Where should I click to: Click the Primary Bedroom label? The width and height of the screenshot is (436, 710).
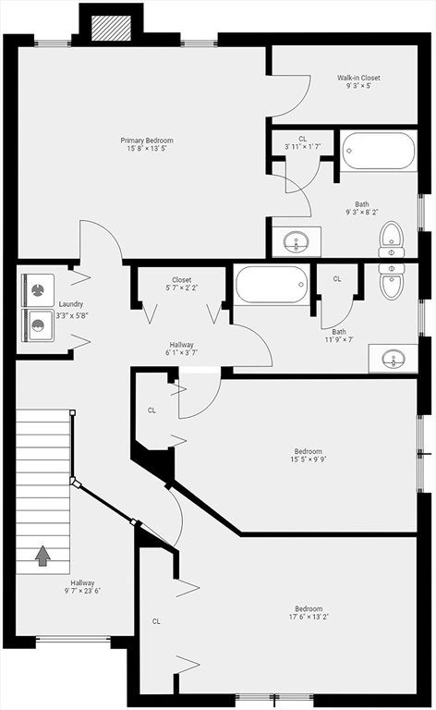146,145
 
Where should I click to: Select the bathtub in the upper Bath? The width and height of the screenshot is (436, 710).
379,151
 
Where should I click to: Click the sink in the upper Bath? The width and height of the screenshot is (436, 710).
297,242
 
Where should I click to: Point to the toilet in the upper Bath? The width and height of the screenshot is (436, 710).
392,238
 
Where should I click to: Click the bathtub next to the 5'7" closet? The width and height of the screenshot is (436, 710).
272,285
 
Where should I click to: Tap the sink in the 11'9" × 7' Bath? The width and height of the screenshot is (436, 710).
393,358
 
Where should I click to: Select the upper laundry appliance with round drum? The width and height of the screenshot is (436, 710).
37,290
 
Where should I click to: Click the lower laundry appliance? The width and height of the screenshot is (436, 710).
37,324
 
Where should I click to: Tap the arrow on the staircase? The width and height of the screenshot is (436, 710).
42,555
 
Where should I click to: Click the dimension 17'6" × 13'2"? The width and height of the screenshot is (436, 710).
309,618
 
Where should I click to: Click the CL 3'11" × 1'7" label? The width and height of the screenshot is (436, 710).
302,143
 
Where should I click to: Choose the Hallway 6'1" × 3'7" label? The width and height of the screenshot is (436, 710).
181,349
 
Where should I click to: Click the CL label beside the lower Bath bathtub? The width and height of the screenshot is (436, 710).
336,278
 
